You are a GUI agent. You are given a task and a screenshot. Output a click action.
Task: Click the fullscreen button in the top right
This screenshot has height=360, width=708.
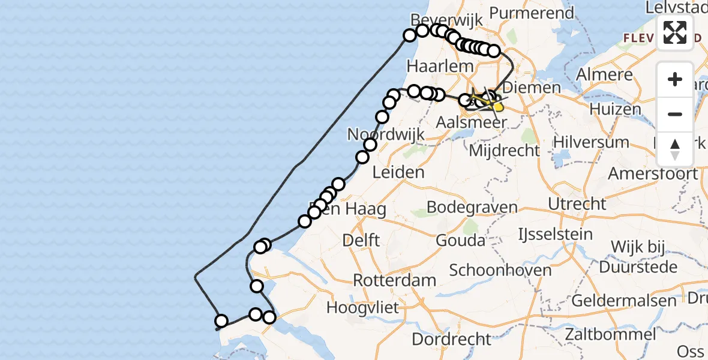675,32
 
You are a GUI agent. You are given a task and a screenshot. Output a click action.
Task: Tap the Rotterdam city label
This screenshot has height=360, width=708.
395,280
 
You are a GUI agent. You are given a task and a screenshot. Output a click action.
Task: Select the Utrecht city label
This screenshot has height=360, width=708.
577,203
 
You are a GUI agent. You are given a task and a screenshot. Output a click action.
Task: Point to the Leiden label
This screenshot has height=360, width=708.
398,173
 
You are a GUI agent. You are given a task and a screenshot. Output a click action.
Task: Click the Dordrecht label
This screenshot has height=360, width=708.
451,339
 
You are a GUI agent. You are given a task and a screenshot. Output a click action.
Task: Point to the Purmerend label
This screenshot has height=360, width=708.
532,13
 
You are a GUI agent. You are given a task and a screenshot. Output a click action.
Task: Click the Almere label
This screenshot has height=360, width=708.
604,75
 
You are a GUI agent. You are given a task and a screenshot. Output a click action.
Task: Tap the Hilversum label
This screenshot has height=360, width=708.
591,142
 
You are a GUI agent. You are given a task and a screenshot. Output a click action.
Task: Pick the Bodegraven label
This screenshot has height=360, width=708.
472,208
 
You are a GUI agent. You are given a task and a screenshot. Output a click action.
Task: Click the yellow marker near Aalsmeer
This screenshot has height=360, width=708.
497,106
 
